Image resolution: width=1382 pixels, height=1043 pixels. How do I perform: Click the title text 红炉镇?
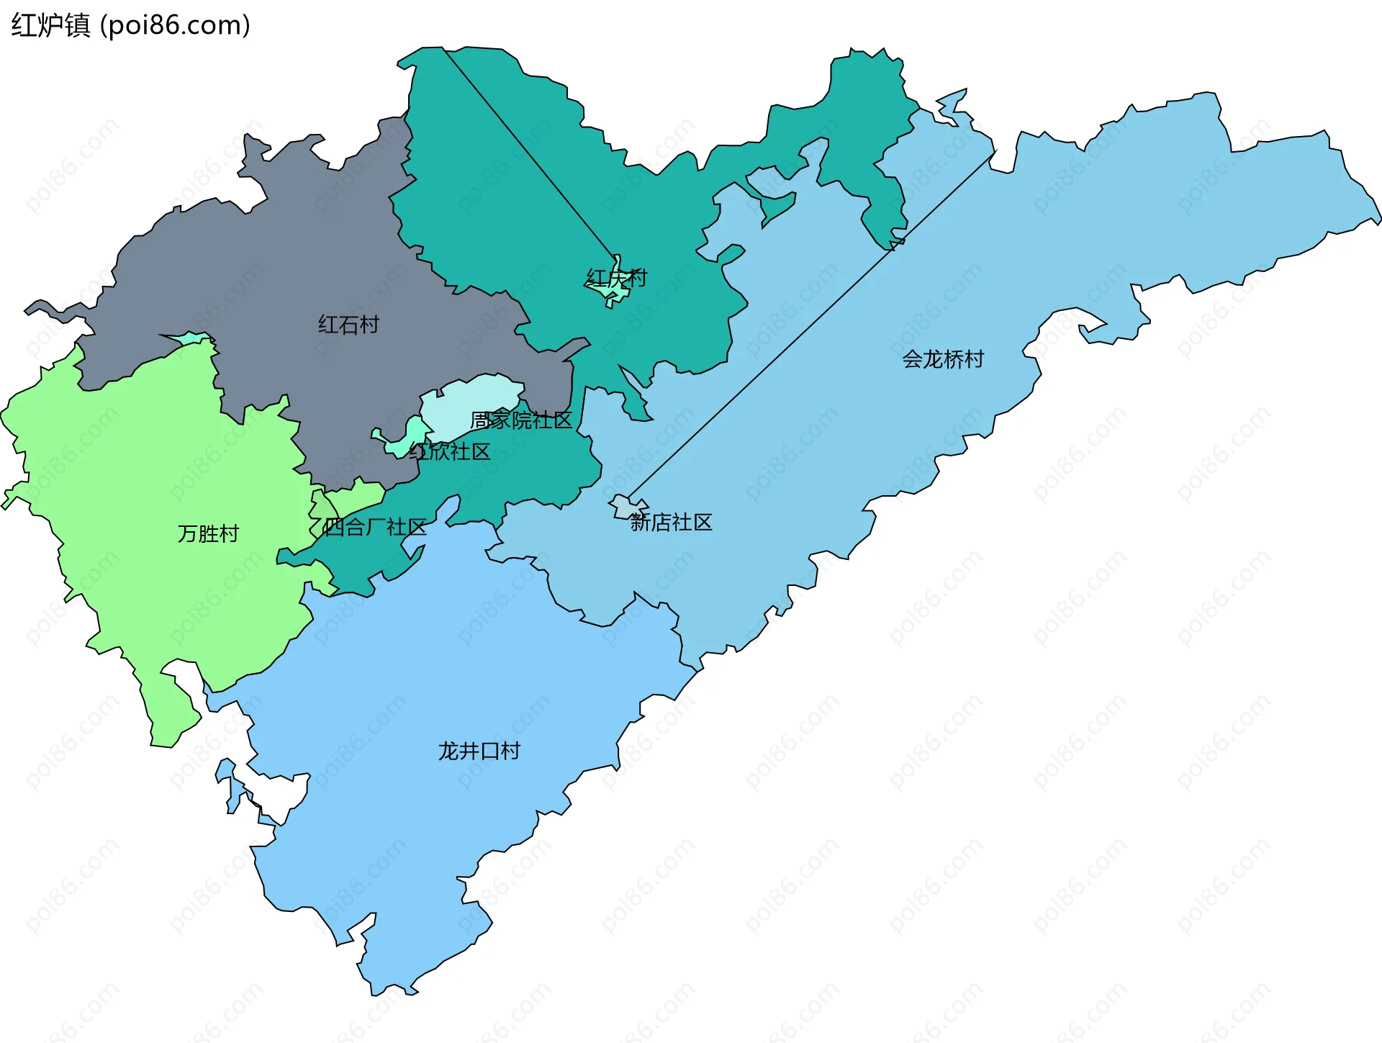50,25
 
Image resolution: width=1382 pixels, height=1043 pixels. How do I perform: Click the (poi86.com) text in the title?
175,25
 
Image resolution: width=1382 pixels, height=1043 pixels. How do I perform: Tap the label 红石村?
348,325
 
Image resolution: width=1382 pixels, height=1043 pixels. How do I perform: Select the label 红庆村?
616,278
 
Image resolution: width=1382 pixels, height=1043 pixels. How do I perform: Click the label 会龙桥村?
943,359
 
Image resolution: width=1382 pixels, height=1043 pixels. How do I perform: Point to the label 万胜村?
208,533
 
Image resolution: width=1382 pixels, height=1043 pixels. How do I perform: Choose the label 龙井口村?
479,751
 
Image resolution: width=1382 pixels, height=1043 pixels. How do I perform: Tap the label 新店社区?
671,522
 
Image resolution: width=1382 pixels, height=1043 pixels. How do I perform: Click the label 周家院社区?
521,420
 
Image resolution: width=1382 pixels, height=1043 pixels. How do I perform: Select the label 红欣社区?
450,451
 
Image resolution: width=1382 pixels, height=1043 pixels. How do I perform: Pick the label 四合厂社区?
375,527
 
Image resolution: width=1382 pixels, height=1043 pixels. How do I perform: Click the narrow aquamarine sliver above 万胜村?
191,338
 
